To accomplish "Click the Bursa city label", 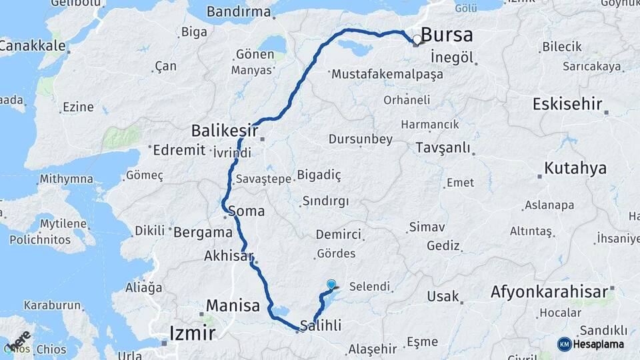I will pos(447,35).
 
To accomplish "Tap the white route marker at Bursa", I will pos(417,40).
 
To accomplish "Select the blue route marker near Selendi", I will pos(331,285).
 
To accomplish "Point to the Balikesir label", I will pos(223,128).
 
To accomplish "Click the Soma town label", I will pos(246,211).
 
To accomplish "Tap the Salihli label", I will pos(321,326).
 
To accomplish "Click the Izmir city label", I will pos(192,332).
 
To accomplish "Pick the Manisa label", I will pos(233,306).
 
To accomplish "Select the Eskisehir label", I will pos(567,104).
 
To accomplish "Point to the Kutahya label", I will pos(575,169).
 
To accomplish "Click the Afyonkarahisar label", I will pos(549,291).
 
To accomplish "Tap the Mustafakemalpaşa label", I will pos(387,74).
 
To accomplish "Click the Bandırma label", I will pos(239,11).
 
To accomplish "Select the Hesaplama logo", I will pos(593,344).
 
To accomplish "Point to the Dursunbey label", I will pos(361,139).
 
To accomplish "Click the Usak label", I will pos(443,296).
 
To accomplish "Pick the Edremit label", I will pos(179,149).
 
